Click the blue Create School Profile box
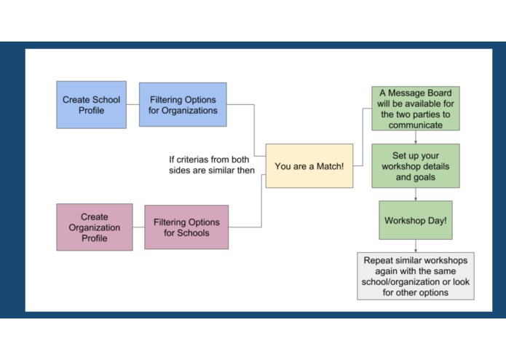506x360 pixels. click(x=91, y=105)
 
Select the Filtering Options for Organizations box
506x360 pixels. click(x=183, y=105)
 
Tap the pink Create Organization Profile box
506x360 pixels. click(x=95, y=227)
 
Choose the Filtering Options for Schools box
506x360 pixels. click(x=186, y=227)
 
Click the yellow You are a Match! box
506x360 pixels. click(x=309, y=166)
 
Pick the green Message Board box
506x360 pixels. click(x=415, y=109)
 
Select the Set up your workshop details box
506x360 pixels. click(x=415, y=165)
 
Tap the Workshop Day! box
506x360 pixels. click(x=415, y=220)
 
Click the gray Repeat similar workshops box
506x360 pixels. click(x=415, y=275)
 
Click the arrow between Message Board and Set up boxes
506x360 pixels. click(x=415, y=137)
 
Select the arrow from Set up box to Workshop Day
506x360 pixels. click(x=415, y=194)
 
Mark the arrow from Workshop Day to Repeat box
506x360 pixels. click(x=415, y=246)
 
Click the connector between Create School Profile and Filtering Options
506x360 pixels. click(x=133, y=105)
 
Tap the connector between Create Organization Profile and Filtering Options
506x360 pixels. click(x=138, y=227)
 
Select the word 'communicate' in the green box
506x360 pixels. click(x=415, y=125)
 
